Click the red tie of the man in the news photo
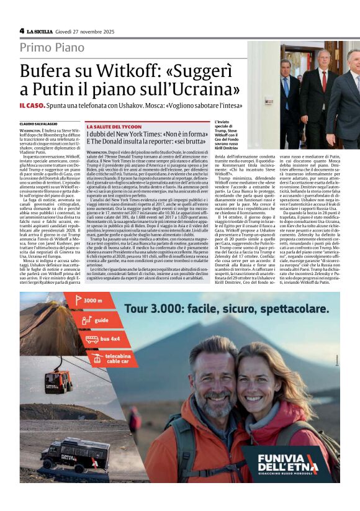pos(323,80)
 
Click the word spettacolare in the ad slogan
pos(267,309)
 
